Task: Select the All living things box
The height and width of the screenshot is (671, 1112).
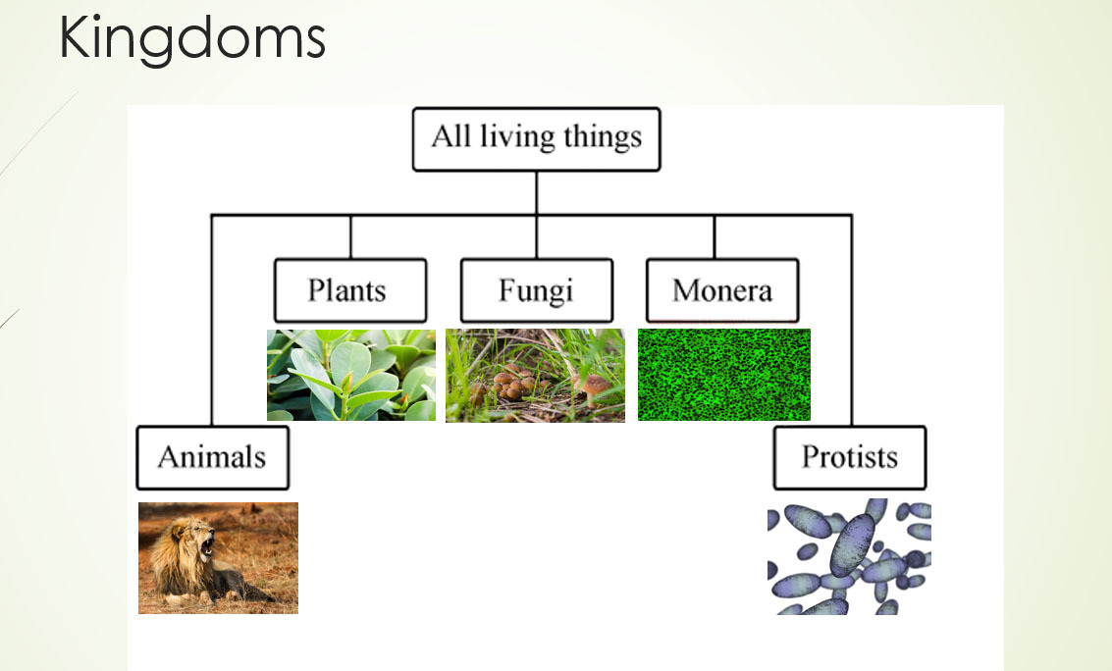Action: [x=536, y=139]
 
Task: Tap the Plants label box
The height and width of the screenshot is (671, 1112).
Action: [x=350, y=290]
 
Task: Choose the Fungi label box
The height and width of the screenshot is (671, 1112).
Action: [x=537, y=290]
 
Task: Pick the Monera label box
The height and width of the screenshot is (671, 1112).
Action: [x=722, y=290]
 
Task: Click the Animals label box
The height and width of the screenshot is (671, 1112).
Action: [x=213, y=458]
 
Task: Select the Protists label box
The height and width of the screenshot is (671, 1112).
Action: [x=850, y=458]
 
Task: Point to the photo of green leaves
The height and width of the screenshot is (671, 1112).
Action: [x=351, y=375]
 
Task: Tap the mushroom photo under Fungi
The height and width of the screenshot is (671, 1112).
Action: [x=536, y=376]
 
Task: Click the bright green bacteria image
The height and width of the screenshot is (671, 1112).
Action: [x=724, y=375]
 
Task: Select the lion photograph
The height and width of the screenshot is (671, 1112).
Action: [x=219, y=558]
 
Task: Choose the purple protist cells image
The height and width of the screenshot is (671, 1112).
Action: [x=850, y=557]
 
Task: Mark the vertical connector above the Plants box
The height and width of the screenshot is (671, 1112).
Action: [x=350, y=236]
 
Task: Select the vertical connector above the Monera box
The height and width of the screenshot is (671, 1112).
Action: [x=715, y=236]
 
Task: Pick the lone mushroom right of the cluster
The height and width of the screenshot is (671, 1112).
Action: [x=594, y=387]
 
